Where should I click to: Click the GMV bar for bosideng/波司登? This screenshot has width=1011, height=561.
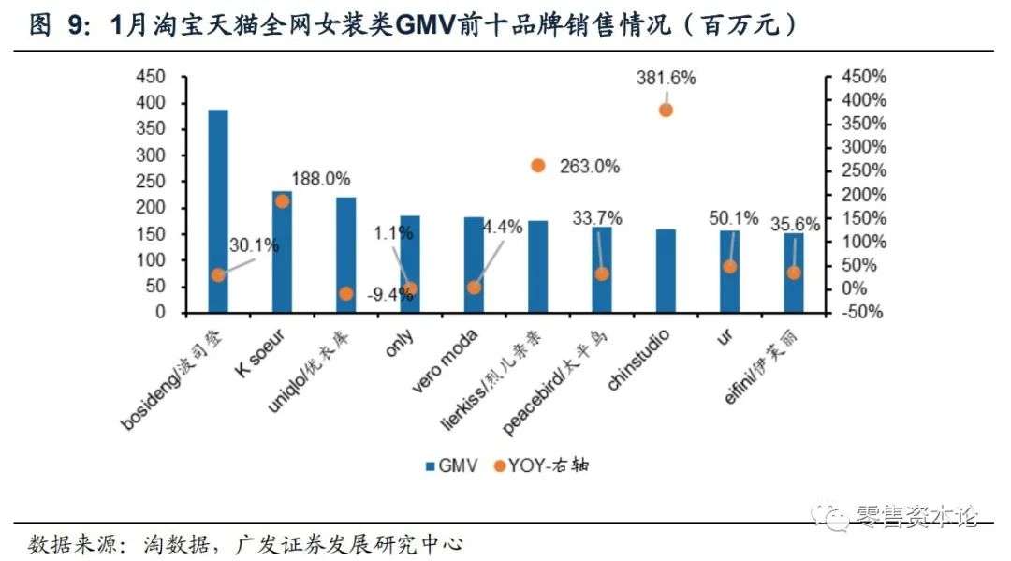pos(218,211)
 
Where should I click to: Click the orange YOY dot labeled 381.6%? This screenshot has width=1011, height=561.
pos(666,110)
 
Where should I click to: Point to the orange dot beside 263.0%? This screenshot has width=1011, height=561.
pos(537,166)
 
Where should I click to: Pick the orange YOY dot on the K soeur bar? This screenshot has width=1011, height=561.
pos(282,201)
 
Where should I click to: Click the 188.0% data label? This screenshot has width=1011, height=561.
pos(320,179)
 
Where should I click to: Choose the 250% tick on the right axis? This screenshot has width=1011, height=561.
pos(864,171)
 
